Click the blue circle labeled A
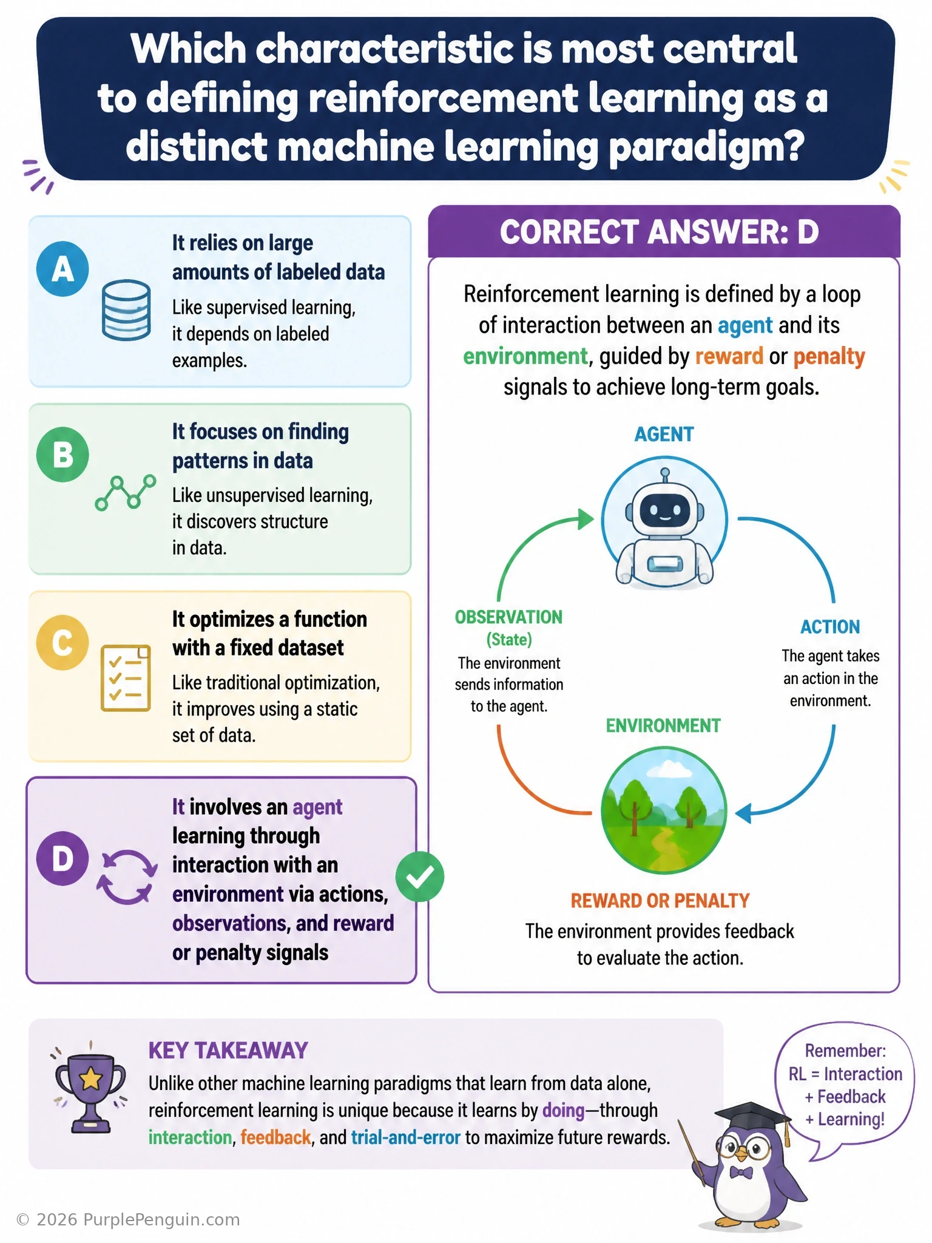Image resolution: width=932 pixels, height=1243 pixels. click(62, 269)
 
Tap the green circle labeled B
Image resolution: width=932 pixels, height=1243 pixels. click(62, 455)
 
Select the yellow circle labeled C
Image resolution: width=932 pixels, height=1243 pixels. click(62, 642)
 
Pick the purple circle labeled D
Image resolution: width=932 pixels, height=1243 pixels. click(62, 858)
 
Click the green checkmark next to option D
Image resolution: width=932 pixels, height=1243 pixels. click(420, 876)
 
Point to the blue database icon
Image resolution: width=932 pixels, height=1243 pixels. click(126, 310)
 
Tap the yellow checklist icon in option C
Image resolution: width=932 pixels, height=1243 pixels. click(126, 678)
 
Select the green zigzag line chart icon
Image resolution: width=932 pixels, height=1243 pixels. click(126, 492)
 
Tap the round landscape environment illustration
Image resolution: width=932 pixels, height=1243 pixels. click(664, 810)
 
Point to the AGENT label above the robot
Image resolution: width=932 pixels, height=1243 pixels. click(664, 434)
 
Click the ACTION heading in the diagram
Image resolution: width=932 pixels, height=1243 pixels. click(830, 626)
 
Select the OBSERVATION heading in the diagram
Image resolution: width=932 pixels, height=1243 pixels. click(508, 617)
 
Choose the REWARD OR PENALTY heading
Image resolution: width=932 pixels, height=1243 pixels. click(660, 901)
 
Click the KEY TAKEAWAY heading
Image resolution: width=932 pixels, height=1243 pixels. click(228, 1051)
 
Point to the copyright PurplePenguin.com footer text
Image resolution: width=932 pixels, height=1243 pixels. click(128, 1220)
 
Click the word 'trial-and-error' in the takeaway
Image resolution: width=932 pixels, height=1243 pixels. click(405, 1137)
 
